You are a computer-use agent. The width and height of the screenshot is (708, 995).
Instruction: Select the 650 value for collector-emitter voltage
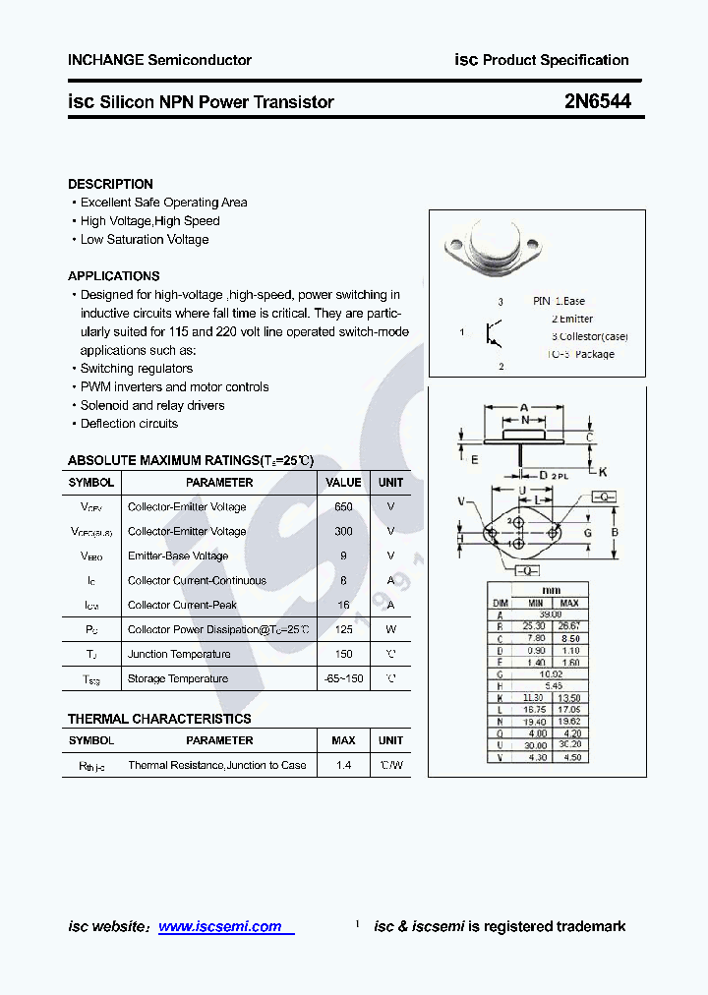coord(343,506)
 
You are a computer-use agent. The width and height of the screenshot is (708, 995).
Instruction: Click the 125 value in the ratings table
coord(343,629)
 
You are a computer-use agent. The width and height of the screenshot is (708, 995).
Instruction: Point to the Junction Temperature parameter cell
coord(179,654)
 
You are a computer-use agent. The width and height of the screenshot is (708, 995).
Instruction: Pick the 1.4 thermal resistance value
coord(343,765)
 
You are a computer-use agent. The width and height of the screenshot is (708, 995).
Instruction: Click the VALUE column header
coord(343,482)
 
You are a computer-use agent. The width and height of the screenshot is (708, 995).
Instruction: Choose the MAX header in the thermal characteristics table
coord(343,740)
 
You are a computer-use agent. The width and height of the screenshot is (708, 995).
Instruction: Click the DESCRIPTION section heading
coord(110,184)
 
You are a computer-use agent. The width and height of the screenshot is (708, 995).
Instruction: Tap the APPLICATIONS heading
coord(113,276)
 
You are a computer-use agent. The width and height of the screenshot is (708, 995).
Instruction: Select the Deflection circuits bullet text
coord(129,424)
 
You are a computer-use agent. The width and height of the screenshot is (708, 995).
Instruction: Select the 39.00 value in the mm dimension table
coord(550,614)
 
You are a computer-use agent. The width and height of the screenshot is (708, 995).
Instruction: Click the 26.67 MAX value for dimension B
coord(569,625)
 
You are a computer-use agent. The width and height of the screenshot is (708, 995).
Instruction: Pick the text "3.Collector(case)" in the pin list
coord(589,336)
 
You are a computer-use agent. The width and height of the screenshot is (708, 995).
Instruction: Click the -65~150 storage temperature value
coord(343,678)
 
